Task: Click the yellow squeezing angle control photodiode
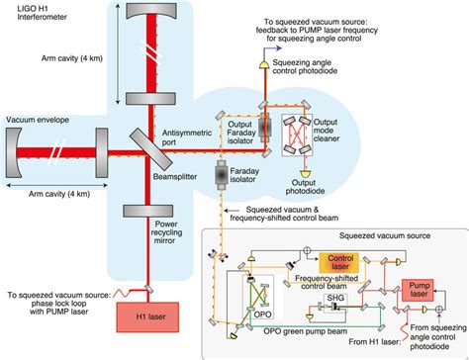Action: pyautogui.click(x=263, y=62)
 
